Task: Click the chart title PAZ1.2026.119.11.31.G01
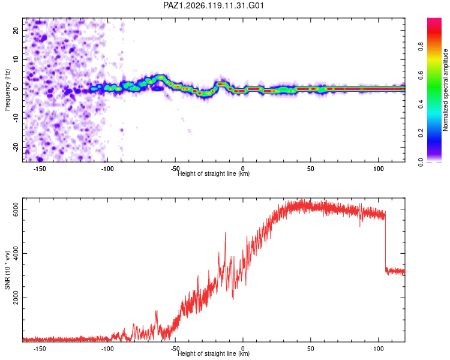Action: point(213,5)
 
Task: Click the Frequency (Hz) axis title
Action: point(7,90)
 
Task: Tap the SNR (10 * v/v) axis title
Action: point(7,270)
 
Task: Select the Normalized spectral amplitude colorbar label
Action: point(445,90)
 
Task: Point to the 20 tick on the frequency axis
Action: point(16,30)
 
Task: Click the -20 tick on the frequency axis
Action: point(16,147)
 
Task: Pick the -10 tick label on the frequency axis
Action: point(16,118)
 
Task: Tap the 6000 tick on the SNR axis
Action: point(16,209)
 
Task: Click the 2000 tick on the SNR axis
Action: point(16,298)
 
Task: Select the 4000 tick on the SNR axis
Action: point(16,253)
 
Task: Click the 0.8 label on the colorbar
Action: point(421,47)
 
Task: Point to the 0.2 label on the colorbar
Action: point(421,133)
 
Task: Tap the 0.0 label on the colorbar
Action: point(421,162)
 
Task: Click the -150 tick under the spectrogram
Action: point(40,169)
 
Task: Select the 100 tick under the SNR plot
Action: point(379,349)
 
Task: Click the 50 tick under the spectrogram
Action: point(311,169)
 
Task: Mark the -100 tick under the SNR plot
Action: point(107,349)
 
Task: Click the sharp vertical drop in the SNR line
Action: point(385,241)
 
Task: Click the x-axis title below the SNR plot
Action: point(214,353)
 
